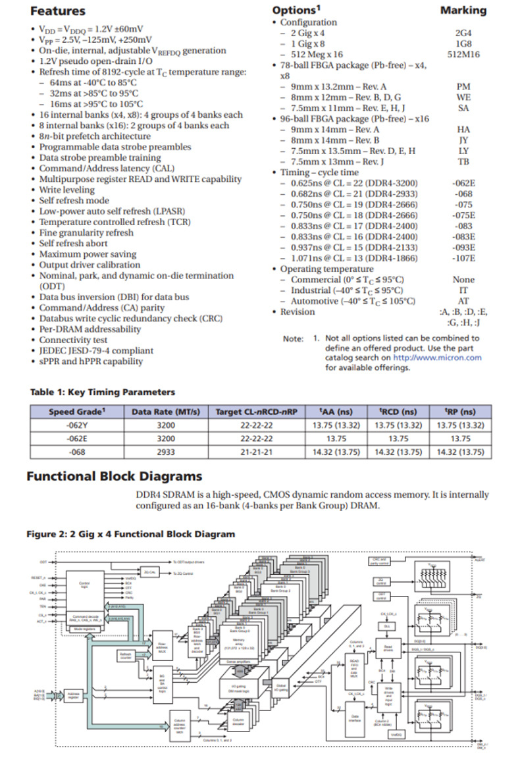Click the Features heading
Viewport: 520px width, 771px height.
pyautogui.click(x=58, y=11)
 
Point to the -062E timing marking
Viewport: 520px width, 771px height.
pyautogui.click(x=463, y=183)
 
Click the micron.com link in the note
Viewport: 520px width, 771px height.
pyautogui.click(x=437, y=358)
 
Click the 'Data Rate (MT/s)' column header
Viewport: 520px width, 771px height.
pyautogui.click(x=166, y=412)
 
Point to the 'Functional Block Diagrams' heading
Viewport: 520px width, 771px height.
pyautogui.click(x=114, y=477)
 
